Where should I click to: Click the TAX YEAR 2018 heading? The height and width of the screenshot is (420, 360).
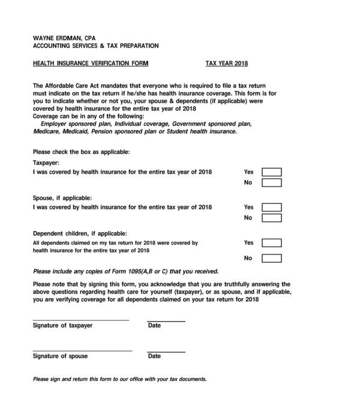click(x=227, y=63)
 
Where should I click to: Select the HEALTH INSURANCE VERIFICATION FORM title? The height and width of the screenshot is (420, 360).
click(x=91, y=63)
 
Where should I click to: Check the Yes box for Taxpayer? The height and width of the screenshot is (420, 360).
click(x=272, y=172)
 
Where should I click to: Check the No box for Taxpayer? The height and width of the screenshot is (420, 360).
click(x=272, y=183)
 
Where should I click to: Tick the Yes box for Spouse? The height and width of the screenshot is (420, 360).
click(x=272, y=208)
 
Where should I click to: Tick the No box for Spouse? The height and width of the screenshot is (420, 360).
click(x=272, y=218)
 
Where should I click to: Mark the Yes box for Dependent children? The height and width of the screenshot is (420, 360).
click(x=272, y=243)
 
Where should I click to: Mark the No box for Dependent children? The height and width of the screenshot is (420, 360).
click(x=272, y=259)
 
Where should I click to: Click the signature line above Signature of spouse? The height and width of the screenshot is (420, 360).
click(x=82, y=351)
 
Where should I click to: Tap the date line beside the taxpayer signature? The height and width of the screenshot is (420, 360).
click(x=166, y=321)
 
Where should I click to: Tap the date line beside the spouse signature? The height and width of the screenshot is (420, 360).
click(x=166, y=351)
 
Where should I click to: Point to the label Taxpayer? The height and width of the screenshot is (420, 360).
click(x=46, y=163)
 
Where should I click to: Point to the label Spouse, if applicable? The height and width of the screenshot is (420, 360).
click(x=62, y=198)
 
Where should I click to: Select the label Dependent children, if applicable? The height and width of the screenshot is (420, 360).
click(x=80, y=233)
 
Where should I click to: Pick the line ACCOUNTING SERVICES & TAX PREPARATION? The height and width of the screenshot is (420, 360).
click(x=95, y=46)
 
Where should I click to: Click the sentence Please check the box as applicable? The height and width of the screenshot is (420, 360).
click(x=81, y=151)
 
